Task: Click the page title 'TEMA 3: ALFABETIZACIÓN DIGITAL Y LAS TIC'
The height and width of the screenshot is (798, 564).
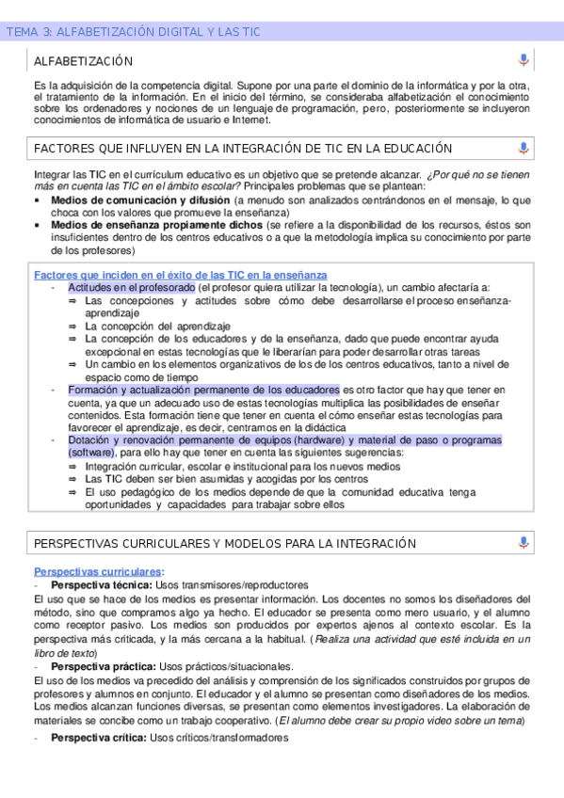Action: [133, 32]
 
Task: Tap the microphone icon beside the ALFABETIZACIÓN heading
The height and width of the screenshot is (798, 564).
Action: [524, 61]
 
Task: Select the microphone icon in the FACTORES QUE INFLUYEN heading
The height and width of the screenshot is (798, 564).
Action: [524, 149]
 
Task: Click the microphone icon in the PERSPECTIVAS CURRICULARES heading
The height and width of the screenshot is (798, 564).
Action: [524, 543]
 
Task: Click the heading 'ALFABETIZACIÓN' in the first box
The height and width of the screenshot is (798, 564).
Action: [83, 61]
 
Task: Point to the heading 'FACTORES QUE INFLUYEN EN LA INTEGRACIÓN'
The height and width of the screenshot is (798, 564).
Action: [242, 149]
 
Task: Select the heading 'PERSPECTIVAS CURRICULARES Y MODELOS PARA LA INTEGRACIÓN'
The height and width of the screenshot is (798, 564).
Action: [224, 543]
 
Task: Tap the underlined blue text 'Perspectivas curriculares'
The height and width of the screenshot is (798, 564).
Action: [97, 571]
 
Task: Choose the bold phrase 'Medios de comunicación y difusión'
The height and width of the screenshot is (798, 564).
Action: [140, 200]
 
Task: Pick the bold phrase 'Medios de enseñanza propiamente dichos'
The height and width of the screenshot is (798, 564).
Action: [157, 225]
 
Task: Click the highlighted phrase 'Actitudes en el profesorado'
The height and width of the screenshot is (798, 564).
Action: [132, 286]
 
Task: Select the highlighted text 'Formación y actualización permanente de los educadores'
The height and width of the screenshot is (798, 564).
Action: [203, 389]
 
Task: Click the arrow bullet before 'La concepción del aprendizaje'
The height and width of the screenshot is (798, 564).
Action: [72, 326]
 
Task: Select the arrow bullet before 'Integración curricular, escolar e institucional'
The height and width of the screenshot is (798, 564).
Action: [72, 465]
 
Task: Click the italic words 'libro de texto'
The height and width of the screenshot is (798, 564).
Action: [63, 652]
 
